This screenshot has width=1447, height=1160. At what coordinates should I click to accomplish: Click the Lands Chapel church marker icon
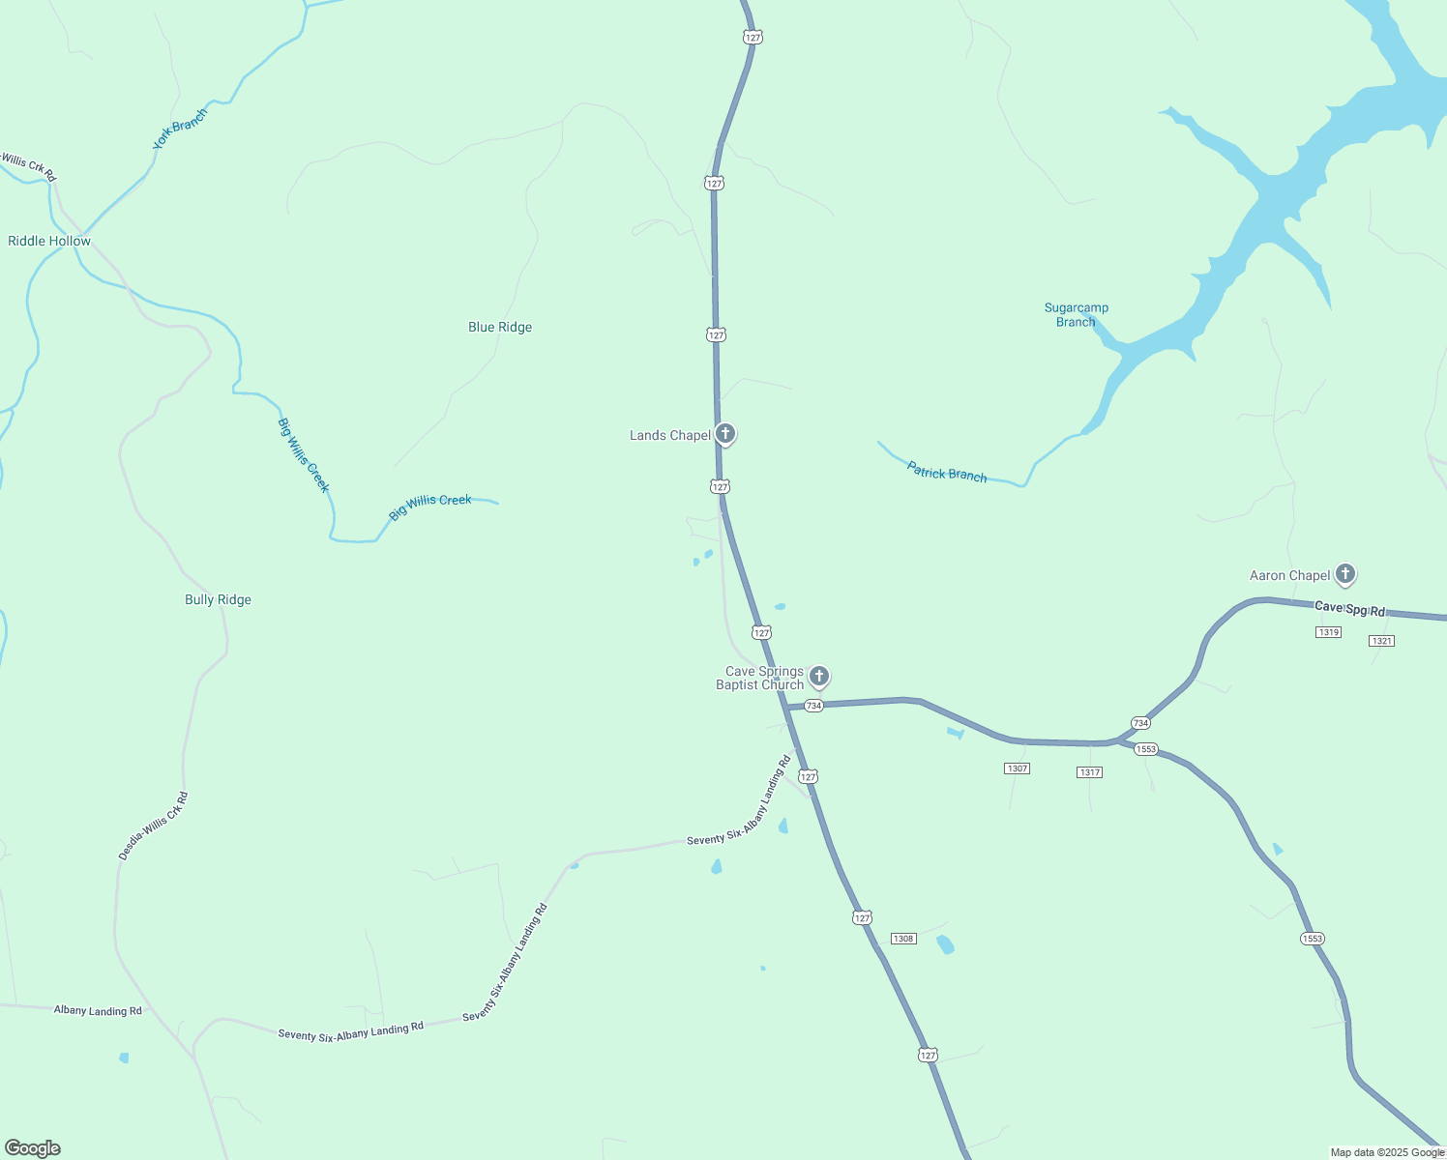point(724,434)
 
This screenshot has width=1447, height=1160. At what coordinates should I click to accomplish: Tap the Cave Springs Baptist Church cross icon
point(818,676)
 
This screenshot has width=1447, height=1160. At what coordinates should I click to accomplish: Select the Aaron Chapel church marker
point(1344,574)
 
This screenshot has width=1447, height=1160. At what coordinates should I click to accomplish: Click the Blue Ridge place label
point(500,328)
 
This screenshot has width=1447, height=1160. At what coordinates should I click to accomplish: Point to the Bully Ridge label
point(218,600)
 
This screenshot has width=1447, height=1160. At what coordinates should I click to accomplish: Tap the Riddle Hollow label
point(49,242)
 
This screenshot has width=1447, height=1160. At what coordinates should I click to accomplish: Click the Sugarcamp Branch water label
point(1076,315)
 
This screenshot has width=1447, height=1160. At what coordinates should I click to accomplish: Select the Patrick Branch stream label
point(947,473)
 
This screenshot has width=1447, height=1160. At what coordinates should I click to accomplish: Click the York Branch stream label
point(180,130)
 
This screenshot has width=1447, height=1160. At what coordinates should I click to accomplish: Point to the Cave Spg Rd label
point(1349,609)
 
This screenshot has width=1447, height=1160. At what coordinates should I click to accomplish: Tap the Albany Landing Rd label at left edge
point(98,1011)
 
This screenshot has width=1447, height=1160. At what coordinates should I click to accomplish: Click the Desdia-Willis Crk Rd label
point(153,826)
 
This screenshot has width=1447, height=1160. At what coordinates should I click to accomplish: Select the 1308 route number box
point(903,939)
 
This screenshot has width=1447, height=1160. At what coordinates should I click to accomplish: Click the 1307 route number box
point(1017,768)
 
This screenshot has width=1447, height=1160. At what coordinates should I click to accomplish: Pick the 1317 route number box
point(1089,772)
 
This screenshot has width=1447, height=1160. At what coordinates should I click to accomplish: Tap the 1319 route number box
point(1328,632)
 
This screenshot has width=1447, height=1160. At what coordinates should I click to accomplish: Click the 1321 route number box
point(1381,641)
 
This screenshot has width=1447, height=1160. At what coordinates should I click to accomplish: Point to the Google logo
point(33,1148)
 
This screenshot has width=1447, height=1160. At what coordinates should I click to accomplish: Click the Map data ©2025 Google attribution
point(1387,1152)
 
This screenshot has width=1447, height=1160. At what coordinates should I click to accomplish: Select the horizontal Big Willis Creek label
point(430,507)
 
